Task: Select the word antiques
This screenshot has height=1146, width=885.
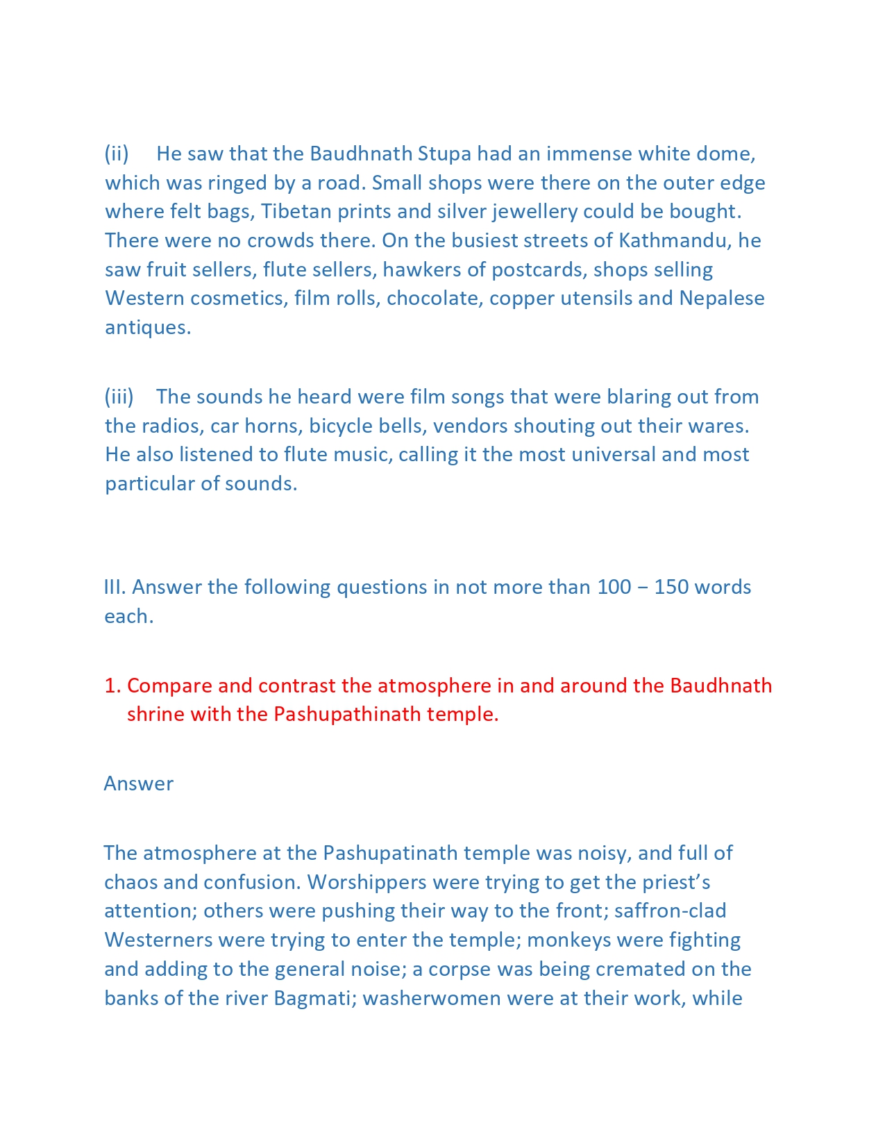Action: [x=148, y=327]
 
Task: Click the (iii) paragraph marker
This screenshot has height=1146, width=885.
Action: [x=119, y=397]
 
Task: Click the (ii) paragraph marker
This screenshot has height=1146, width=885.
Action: [x=117, y=153]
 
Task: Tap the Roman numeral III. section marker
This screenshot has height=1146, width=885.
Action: [x=115, y=587]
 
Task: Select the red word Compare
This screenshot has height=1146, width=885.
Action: [x=169, y=686]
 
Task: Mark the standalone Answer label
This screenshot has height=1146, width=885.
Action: [x=139, y=783]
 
